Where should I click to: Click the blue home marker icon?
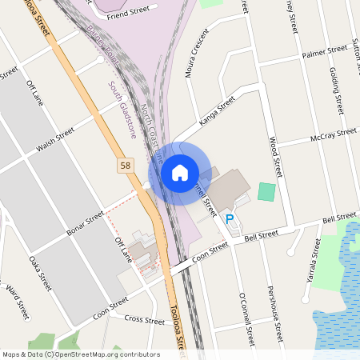click(x=179, y=172)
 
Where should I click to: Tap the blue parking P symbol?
click(x=230, y=218)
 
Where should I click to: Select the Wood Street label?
click(x=275, y=156)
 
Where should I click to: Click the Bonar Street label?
click(x=84, y=218)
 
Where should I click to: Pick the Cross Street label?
click(x=144, y=319)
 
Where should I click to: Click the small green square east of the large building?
click(x=266, y=193)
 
